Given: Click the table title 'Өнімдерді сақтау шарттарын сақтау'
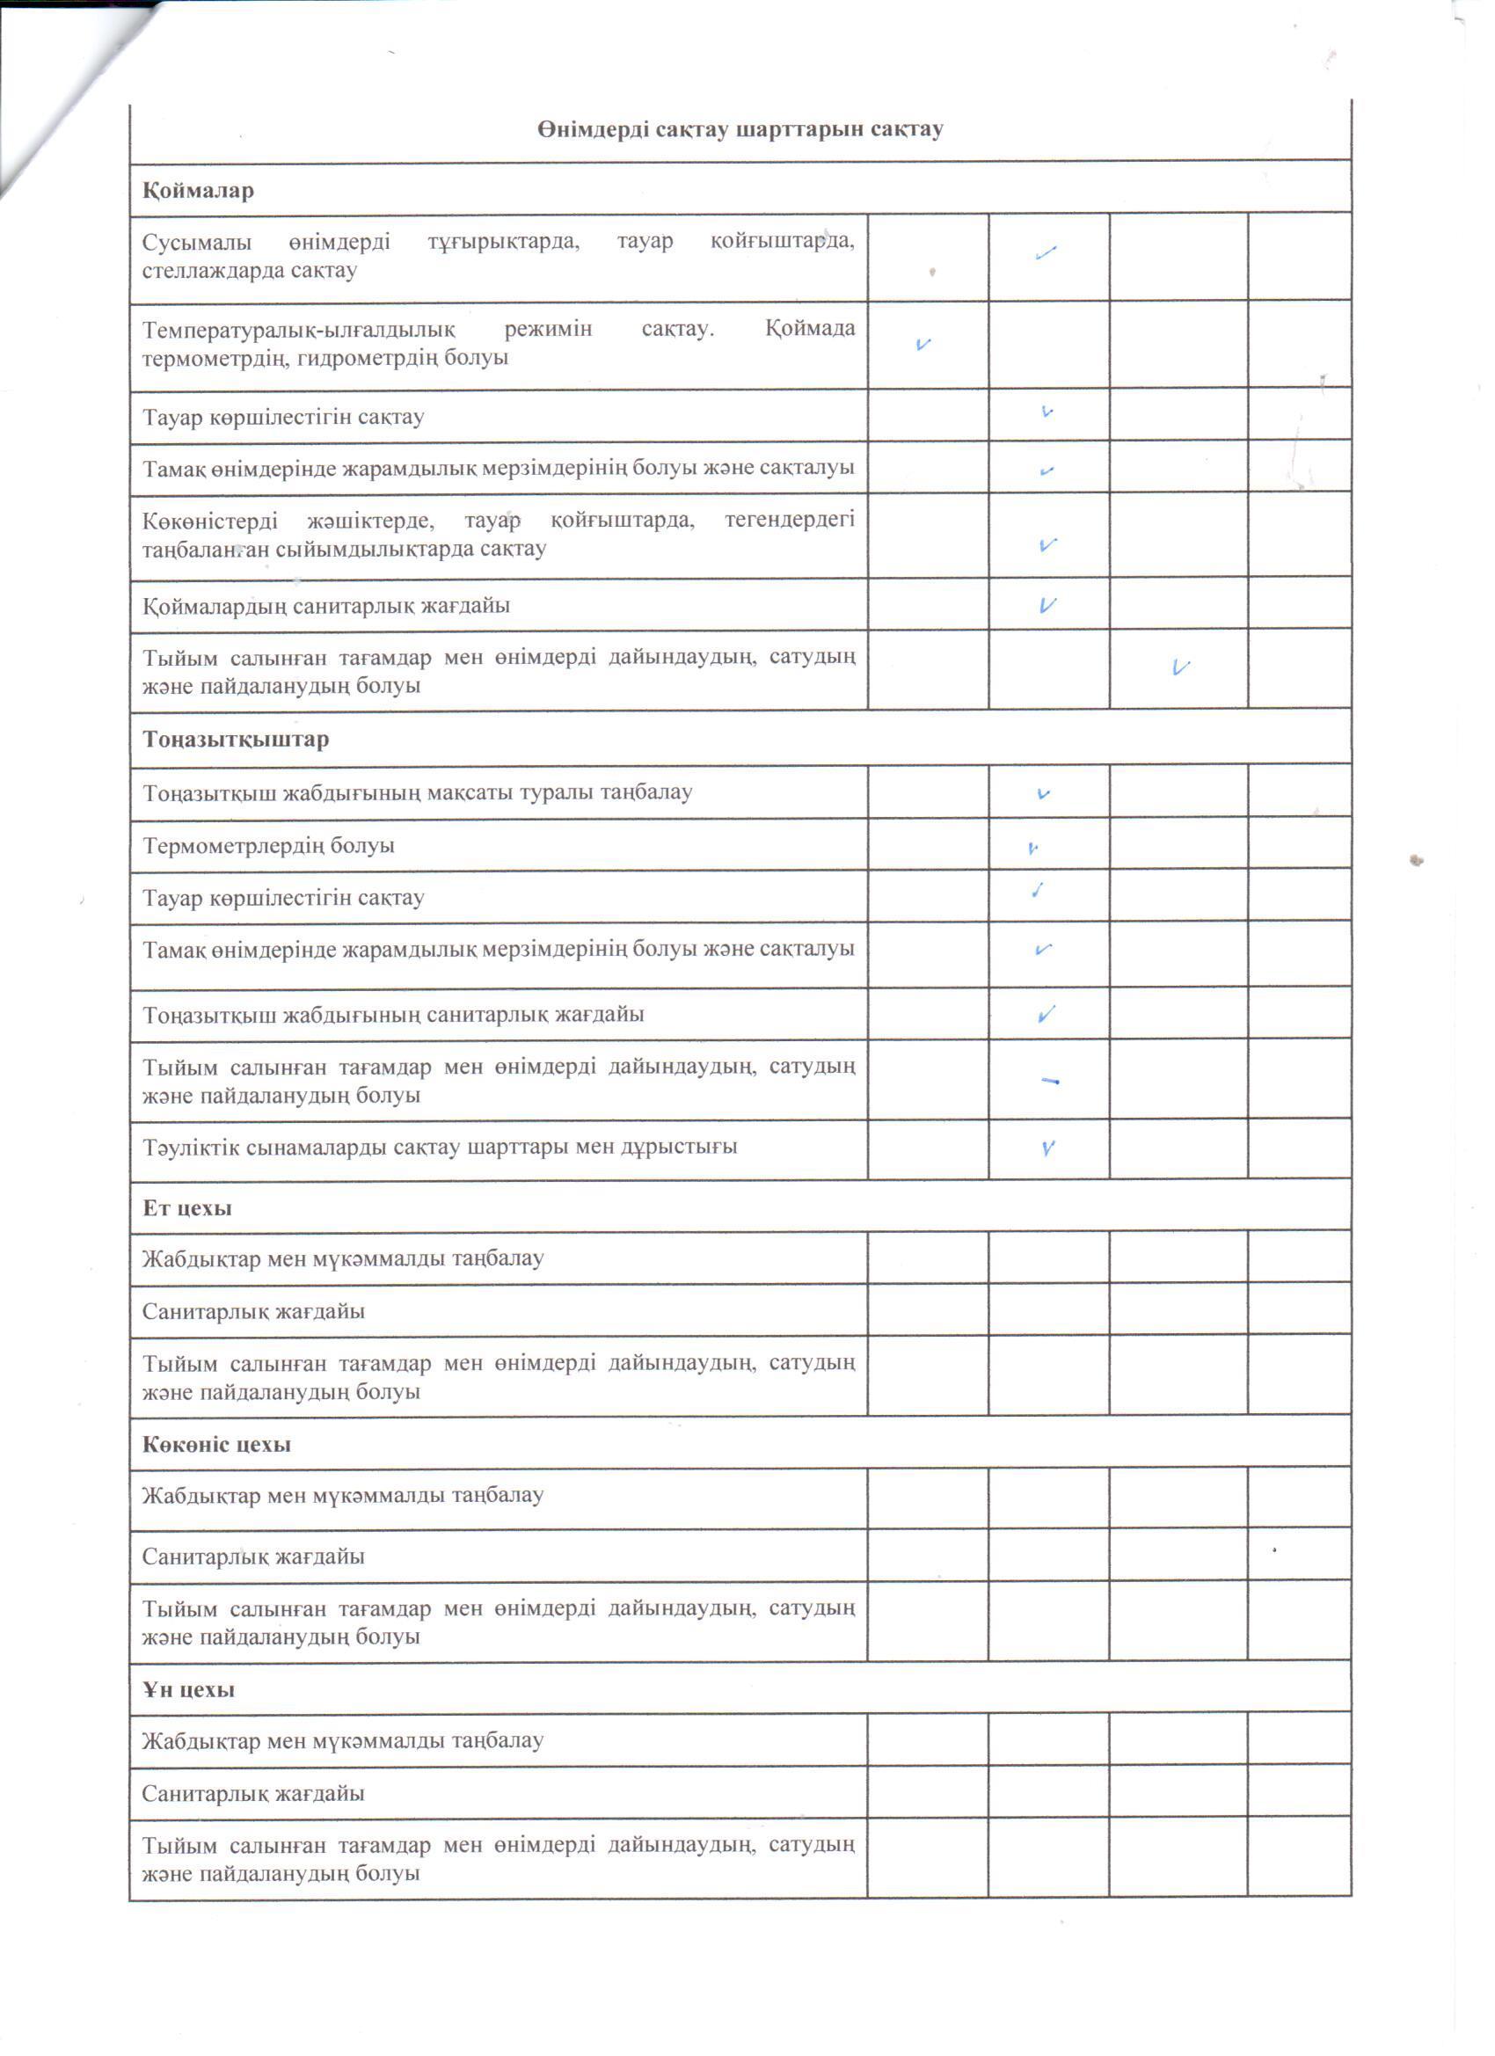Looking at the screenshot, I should click(740, 129).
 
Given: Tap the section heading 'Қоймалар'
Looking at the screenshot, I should click(198, 192).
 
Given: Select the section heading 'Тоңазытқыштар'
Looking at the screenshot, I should click(236, 739).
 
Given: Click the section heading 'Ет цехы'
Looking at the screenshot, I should click(186, 1207).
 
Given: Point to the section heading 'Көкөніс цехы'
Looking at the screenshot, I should click(216, 1444).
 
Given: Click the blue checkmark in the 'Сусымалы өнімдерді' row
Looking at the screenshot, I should click(1046, 254).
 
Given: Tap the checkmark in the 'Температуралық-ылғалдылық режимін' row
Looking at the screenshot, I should click(923, 345).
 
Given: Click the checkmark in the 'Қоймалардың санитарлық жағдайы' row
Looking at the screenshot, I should click(1048, 605).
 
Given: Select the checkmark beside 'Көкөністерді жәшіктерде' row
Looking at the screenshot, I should click(1048, 545).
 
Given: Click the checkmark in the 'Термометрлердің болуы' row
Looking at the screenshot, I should click(1032, 849).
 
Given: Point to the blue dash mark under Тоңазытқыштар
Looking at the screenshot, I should click(1051, 1081).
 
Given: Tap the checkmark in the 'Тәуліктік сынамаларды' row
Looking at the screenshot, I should click(1048, 1148).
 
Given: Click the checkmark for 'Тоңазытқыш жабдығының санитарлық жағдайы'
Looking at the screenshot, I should click(1046, 1015).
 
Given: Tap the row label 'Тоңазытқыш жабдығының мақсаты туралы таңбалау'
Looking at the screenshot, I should click(417, 792).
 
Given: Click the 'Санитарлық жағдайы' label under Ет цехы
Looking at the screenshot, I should click(253, 1311).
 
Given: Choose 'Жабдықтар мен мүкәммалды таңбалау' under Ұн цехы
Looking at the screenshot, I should click(343, 1740).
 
